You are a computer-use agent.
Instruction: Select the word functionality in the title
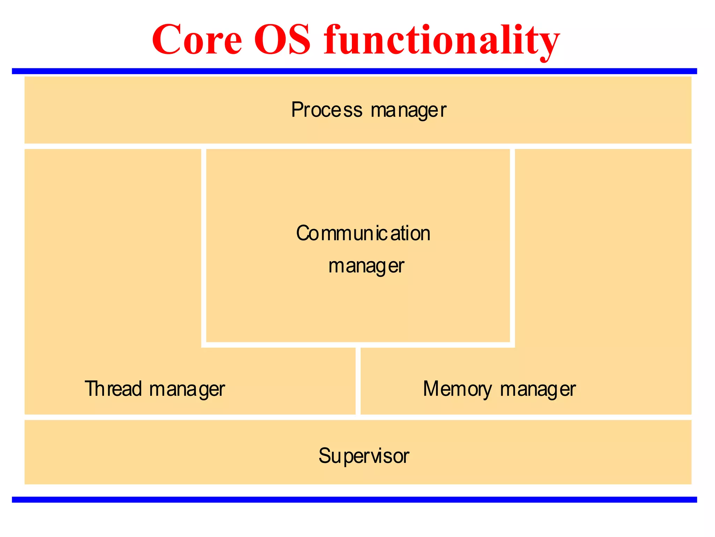pyautogui.click(x=442, y=40)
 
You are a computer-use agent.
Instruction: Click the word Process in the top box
pyautogui.click(x=327, y=110)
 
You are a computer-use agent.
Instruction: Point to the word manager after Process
pyautogui.click(x=408, y=110)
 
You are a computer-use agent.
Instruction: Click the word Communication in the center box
pyautogui.click(x=363, y=233)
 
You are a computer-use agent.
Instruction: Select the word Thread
pyautogui.click(x=113, y=388)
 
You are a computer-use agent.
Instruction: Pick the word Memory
pyautogui.click(x=457, y=389)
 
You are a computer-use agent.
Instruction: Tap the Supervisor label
pyautogui.click(x=363, y=456)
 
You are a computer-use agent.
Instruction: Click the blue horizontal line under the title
pyautogui.click(x=354, y=71)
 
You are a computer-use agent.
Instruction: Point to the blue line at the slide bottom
pyautogui.click(x=354, y=500)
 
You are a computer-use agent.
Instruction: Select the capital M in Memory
pyautogui.click(x=432, y=388)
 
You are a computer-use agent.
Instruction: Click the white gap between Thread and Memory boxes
pyautogui.click(x=358, y=381)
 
